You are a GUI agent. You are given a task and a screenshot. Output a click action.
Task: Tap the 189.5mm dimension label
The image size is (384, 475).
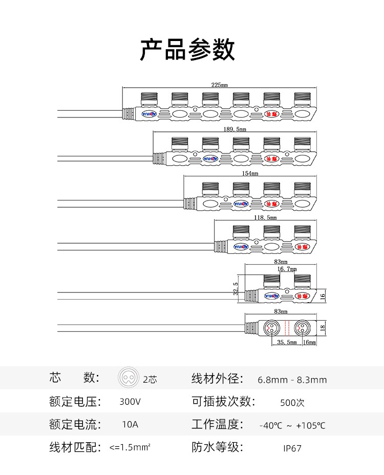tap(235, 129)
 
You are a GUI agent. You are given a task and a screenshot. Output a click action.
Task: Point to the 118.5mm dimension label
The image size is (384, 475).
tap(265, 217)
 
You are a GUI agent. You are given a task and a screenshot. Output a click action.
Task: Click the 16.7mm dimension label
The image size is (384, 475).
tap(287, 268)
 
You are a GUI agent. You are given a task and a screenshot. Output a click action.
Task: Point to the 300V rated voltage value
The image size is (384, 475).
tap(129, 402)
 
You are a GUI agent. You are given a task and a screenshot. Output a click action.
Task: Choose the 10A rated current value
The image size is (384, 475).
tap(130, 425)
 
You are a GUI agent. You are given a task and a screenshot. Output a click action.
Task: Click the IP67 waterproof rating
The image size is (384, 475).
tap(292, 448)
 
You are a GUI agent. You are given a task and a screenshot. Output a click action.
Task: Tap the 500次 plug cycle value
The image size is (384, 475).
tap(292, 403)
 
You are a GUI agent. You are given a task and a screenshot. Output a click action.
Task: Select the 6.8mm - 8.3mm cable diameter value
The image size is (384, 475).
tap(292, 380)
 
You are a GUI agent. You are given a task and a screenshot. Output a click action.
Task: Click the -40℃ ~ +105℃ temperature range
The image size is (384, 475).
tap(292, 426)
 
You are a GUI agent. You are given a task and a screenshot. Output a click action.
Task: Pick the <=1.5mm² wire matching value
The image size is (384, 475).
tap(130, 448)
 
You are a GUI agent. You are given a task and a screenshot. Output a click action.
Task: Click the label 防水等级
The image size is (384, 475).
tap(217, 447)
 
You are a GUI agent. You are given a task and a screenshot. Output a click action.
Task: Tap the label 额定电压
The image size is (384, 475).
tap(75, 402)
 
